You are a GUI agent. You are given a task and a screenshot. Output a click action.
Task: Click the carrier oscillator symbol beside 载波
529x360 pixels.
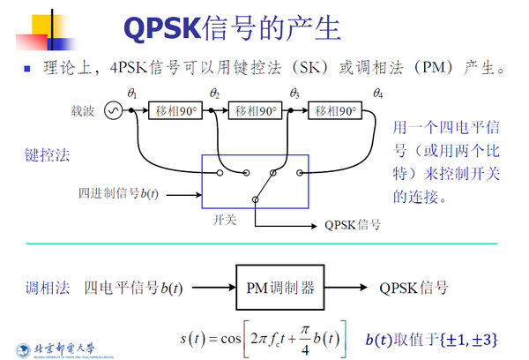[112, 110]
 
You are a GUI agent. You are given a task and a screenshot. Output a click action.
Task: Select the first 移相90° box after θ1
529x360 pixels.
[175, 111]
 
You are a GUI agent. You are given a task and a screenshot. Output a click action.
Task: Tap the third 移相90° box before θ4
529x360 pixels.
[335, 111]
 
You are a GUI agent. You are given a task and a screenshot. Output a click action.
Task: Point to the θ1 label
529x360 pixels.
[133, 93]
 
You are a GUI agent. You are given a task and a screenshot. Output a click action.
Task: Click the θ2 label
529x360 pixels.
[215, 93]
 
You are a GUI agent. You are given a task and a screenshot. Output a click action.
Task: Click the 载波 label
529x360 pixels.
[83, 111]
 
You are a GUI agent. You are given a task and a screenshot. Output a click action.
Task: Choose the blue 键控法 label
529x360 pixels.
[48, 155]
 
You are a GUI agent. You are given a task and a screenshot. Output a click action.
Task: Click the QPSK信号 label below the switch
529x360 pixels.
[352, 225]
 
